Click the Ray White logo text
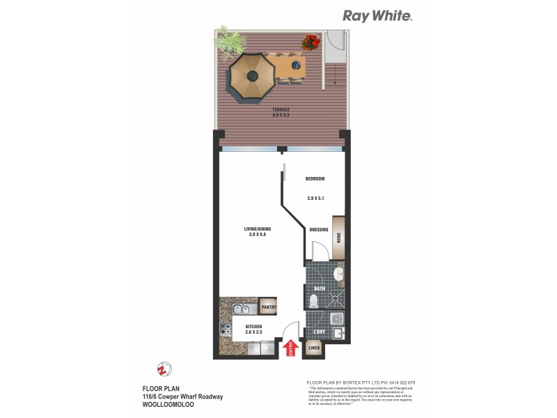coord(377,16)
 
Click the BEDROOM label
coord(315,179)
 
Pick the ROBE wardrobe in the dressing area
coord(338,237)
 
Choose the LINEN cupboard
coord(315,348)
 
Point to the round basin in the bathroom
coord(337,274)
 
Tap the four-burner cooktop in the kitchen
coord(227,330)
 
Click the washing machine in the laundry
coord(336,318)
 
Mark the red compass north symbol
coord(164,368)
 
